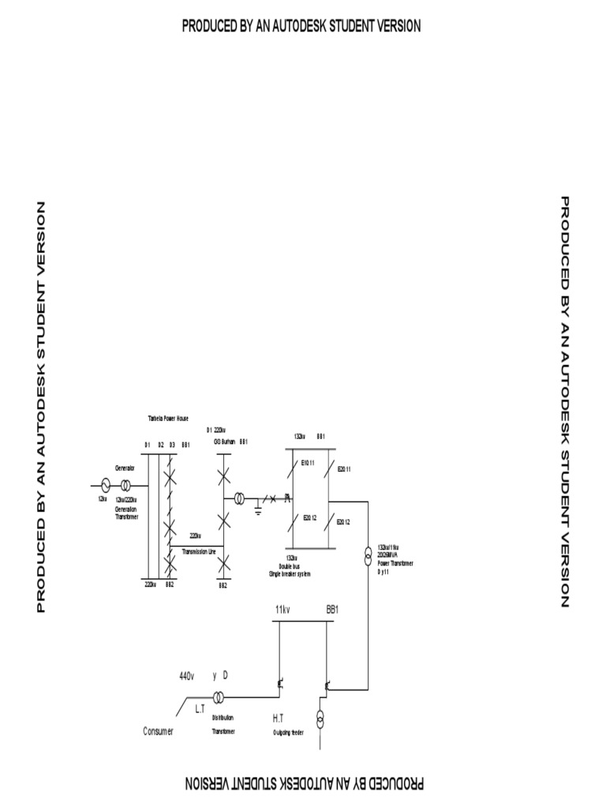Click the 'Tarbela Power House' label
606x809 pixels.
pos(166,417)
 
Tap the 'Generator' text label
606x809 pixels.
pos(125,468)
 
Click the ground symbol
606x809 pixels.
pos(259,511)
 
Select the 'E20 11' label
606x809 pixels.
pos(343,469)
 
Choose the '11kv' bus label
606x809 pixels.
pos(282,611)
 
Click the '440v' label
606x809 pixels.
pos(186,676)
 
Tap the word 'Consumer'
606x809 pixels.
pos(158,732)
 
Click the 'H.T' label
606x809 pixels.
pos(278,718)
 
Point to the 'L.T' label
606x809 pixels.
pos(200,710)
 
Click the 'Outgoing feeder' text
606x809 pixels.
pos(289,732)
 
